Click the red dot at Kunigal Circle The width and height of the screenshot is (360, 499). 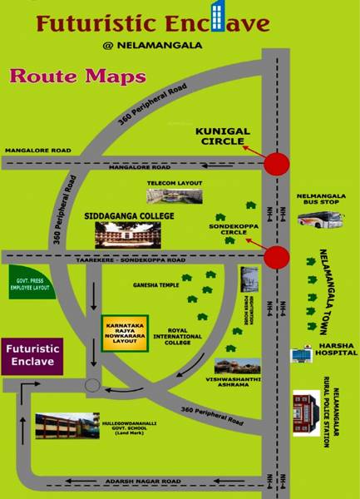click(x=276, y=165)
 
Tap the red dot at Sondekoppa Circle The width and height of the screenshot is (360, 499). click(x=276, y=257)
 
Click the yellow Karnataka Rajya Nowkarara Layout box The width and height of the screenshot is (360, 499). click(x=125, y=332)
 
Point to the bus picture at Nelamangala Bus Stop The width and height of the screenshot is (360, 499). click(x=322, y=220)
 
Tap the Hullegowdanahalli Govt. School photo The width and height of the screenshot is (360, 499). click(x=67, y=426)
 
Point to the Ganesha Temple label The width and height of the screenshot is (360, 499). click(x=158, y=284)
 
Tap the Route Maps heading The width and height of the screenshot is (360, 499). click(x=77, y=78)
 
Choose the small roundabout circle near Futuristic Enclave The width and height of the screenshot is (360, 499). click(x=92, y=386)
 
